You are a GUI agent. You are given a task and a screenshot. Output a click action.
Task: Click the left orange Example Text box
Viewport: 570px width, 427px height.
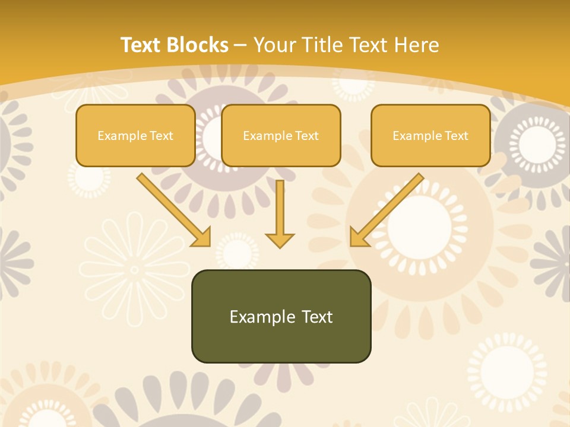(x=135, y=136)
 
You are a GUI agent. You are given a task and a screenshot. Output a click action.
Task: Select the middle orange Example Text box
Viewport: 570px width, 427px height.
(x=281, y=136)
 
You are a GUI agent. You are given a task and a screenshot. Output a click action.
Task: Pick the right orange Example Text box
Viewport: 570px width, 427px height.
(x=430, y=136)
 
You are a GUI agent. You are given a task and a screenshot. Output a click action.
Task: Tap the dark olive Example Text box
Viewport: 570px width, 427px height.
(x=281, y=317)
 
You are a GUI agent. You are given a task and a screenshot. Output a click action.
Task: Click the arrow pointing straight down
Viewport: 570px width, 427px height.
(x=280, y=211)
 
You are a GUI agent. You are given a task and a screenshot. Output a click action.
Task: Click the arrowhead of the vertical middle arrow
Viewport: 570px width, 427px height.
(x=280, y=240)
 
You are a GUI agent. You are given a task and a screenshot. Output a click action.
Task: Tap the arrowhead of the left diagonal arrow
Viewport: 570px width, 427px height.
(x=202, y=237)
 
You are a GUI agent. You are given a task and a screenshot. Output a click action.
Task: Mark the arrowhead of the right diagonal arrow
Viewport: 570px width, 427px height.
(x=358, y=237)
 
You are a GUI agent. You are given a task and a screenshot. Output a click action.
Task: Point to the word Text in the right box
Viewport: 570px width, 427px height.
(x=457, y=136)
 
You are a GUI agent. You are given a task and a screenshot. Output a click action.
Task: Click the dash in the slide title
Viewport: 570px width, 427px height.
(x=240, y=45)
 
